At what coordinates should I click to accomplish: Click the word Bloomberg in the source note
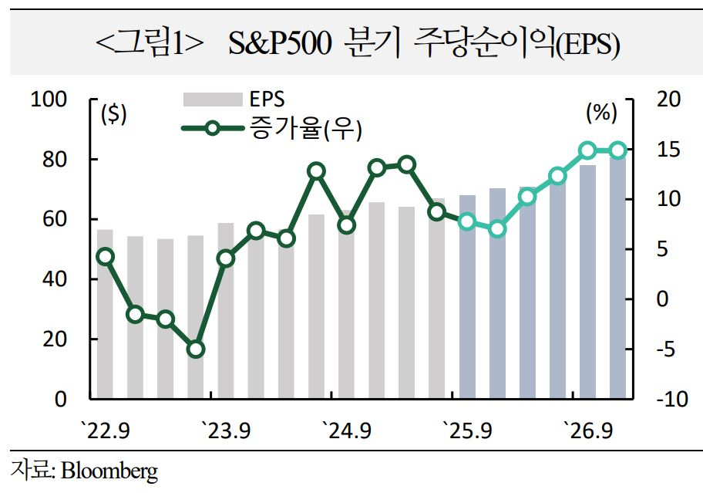tap(109, 471)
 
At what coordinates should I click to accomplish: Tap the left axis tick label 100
tap(55, 100)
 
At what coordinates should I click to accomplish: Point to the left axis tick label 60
tap(60, 220)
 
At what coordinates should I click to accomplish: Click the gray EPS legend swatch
tap(211, 100)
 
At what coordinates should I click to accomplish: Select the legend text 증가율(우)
tap(305, 128)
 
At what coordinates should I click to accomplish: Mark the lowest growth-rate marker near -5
tap(196, 349)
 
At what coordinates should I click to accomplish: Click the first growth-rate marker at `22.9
tap(106, 257)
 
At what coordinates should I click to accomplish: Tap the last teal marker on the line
tap(617, 150)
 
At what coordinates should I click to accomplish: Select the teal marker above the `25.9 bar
tap(466, 222)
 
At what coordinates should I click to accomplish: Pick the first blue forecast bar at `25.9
tap(467, 309)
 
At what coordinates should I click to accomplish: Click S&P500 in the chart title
tap(283, 46)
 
